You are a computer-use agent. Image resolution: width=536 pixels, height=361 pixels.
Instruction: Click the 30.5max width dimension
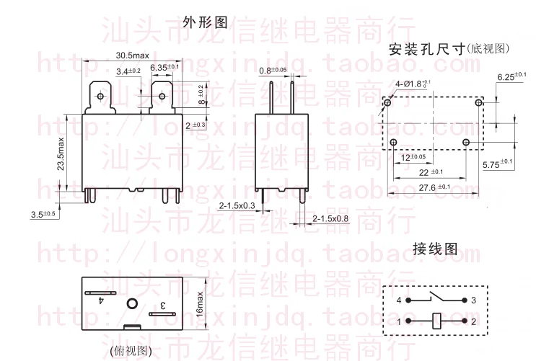tap(131, 56)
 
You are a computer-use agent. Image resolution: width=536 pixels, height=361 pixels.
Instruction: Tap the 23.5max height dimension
tap(62, 154)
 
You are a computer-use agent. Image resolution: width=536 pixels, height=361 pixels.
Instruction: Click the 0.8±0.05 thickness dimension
tap(273, 70)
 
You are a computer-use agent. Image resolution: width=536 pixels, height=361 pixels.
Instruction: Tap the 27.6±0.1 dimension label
tap(433, 187)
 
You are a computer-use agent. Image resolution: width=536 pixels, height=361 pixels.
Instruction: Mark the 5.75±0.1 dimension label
tap(496, 164)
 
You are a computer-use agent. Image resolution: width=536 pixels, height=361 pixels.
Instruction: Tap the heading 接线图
tap(435, 249)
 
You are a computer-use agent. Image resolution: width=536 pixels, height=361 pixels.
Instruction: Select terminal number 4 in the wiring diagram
tap(397, 299)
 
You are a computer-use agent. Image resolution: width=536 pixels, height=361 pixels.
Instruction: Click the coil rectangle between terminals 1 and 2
tap(438, 320)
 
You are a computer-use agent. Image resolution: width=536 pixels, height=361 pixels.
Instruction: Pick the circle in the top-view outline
tap(132, 303)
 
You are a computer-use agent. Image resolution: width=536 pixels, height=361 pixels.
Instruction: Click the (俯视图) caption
tap(131, 351)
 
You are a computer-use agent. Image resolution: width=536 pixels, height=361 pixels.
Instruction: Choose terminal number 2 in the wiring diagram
tap(475, 320)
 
